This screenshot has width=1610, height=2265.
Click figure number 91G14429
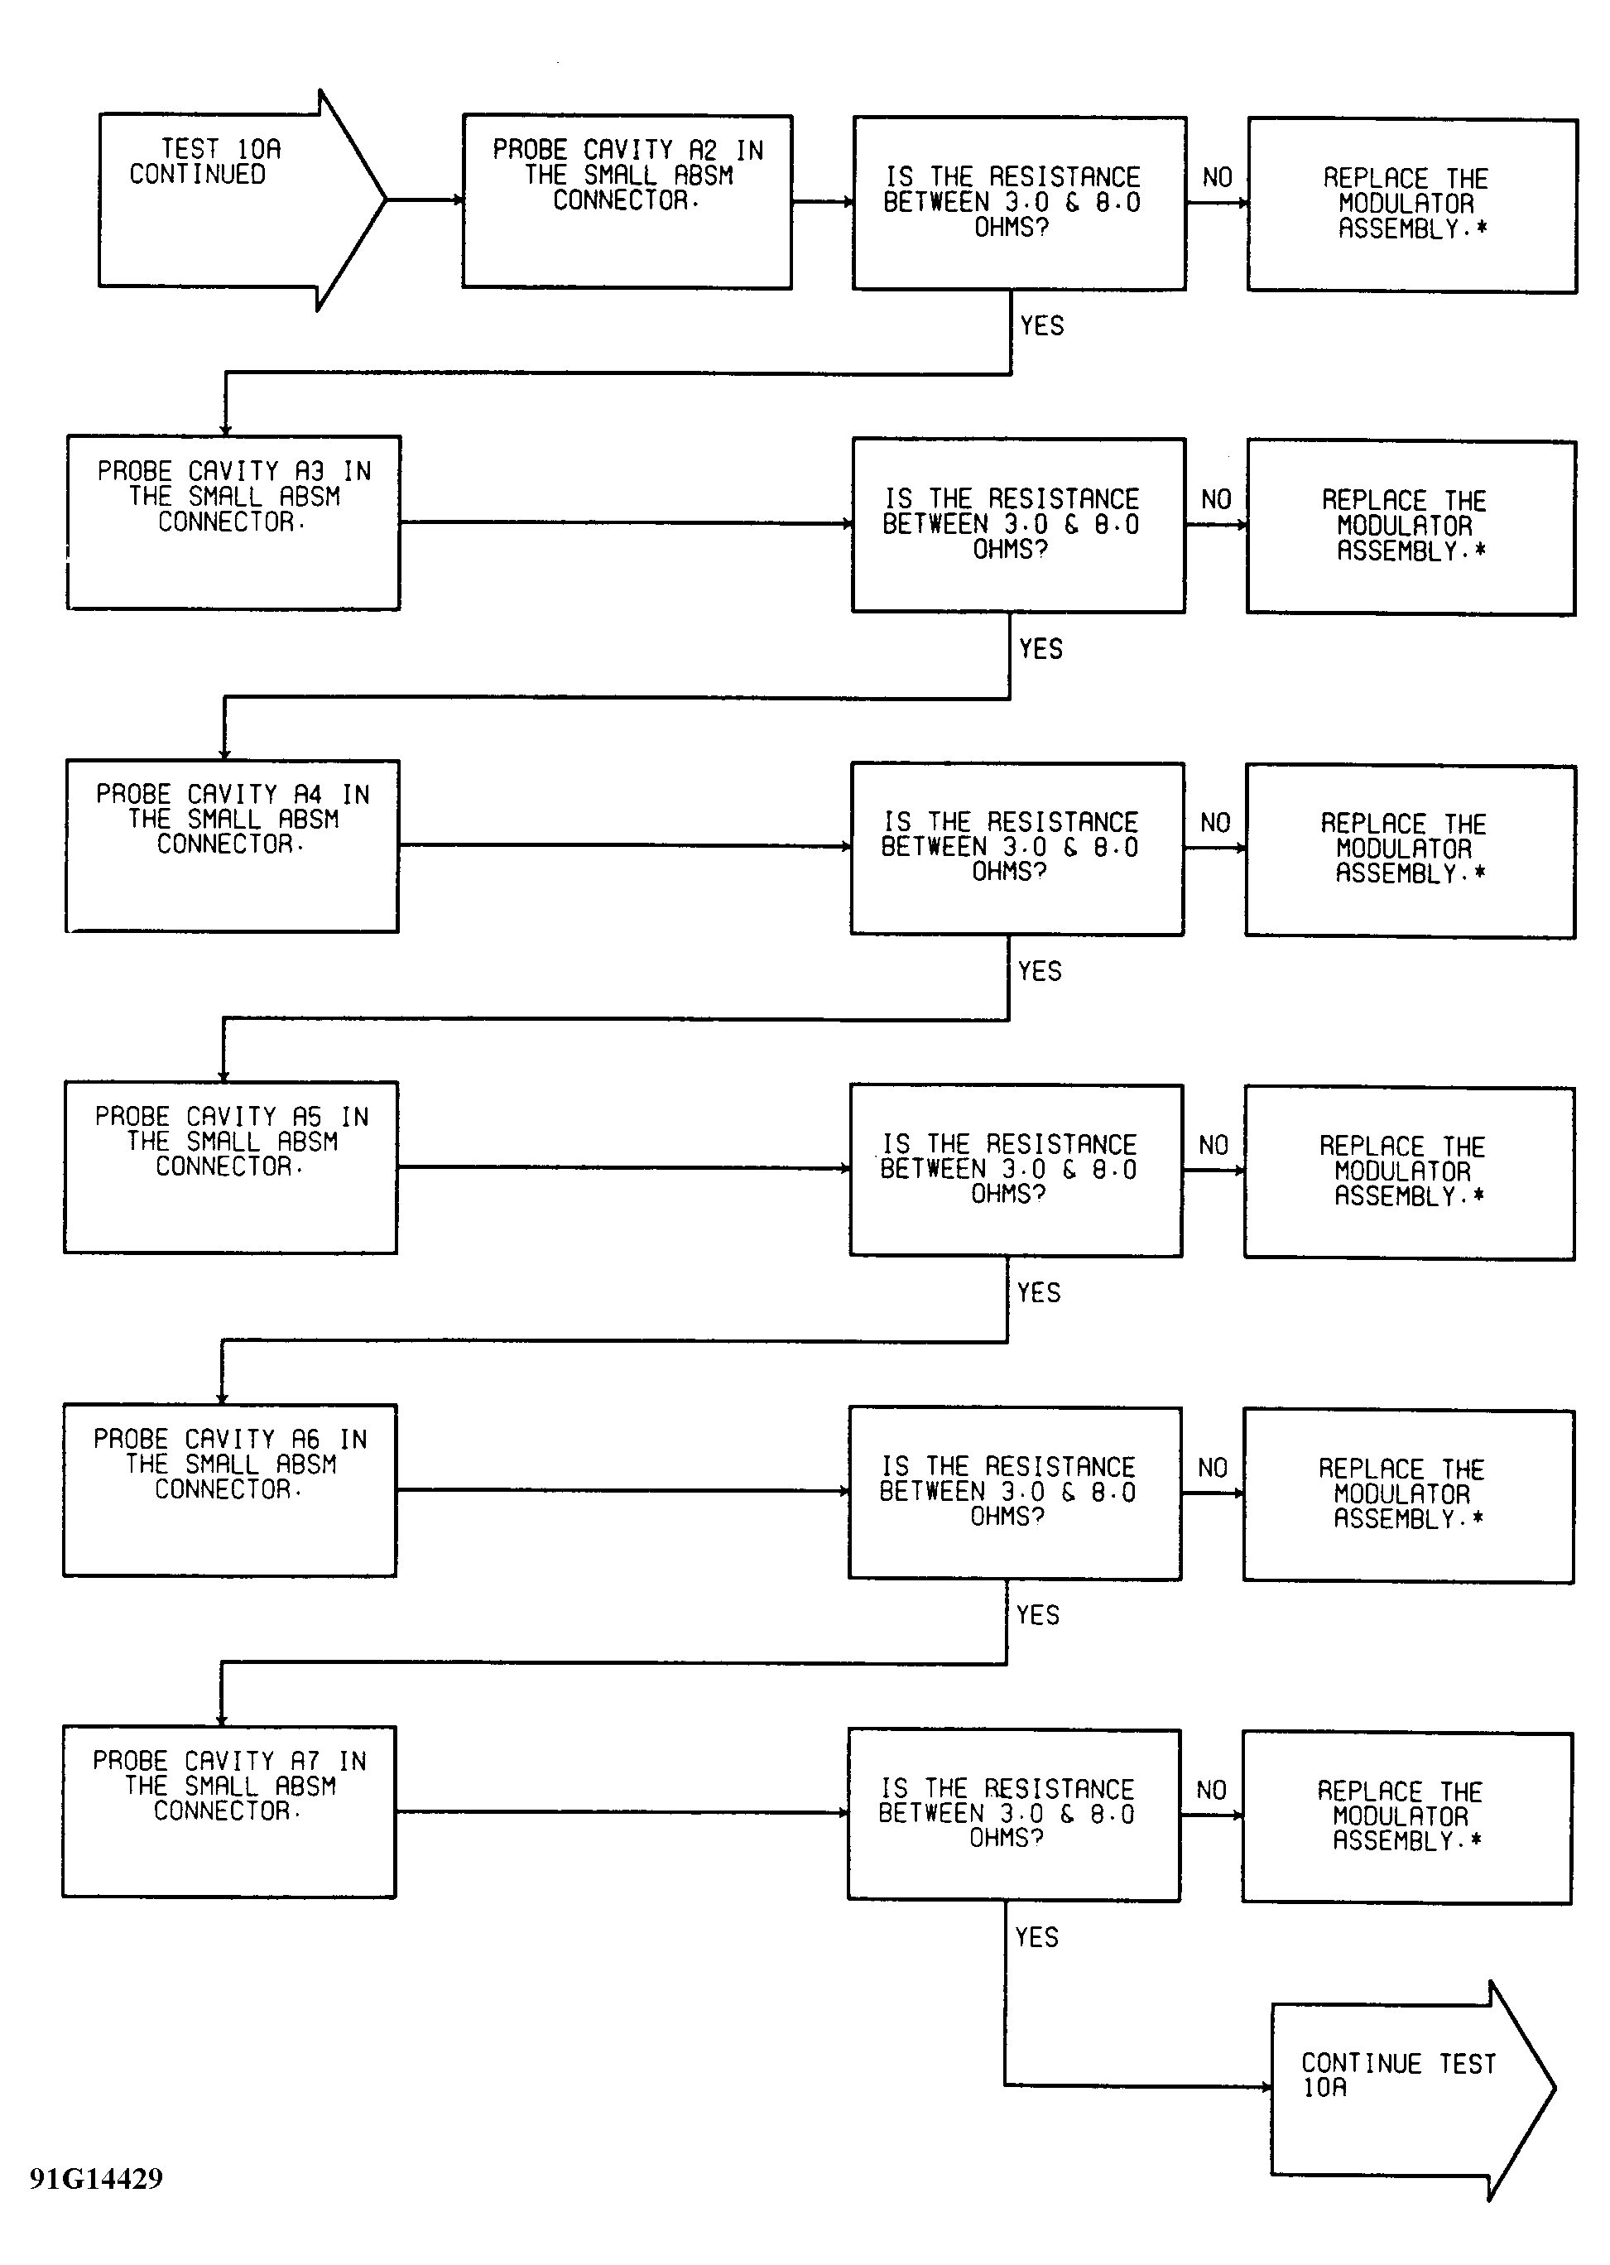click(x=96, y=2178)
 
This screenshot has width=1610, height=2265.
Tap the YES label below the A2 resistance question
click(x=1042, y=326)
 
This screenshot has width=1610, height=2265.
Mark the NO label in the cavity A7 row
click(x=1212, y=1790)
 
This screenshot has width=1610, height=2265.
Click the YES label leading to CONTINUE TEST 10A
click(x=1037, y=1937)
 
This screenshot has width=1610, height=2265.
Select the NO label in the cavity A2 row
click(x=1218, y=177)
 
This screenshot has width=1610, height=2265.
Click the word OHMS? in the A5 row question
click(x=1008, y=1195)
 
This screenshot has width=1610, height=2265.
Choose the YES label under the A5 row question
click(x=1039, y=1292)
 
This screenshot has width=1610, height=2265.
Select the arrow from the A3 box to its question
click(x=627, y=522)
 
